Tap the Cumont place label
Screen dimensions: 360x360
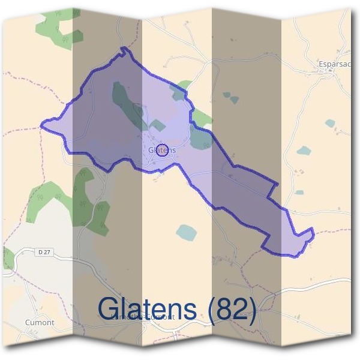click(40, 322)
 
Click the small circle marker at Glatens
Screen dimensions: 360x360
click(161, 151)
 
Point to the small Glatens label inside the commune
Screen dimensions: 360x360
click(161, 149)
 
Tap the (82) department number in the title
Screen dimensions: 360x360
click(232, 308)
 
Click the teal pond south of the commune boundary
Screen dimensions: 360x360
click(186, 232)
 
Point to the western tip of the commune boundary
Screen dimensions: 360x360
click(41, 125)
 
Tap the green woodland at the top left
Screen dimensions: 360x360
click(59, 26)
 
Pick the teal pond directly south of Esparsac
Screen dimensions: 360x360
click(330, 123)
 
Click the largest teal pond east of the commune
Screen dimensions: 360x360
click(304, 150)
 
